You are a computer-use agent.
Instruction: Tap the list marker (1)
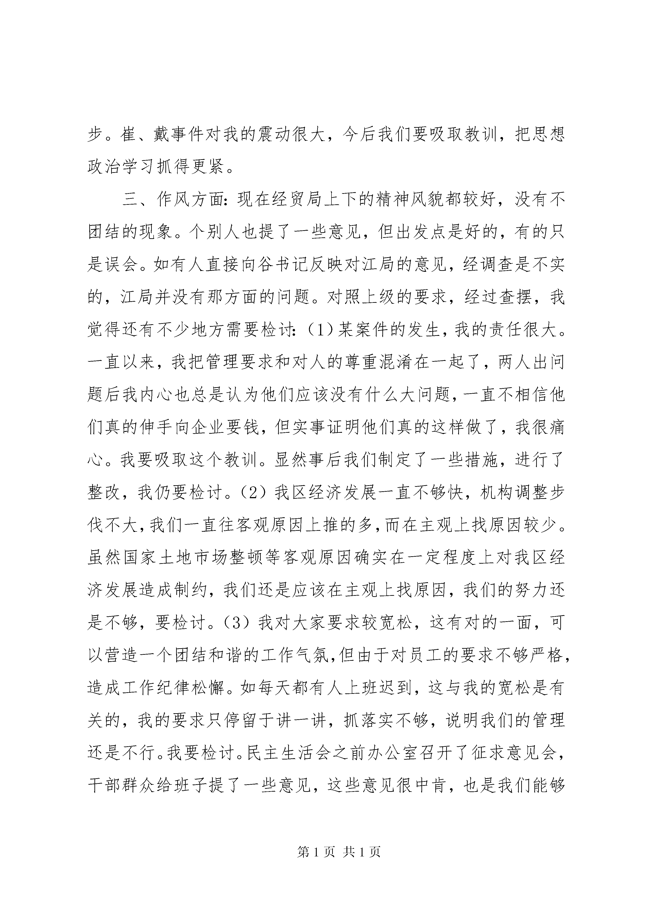click(x=322, y=330)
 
